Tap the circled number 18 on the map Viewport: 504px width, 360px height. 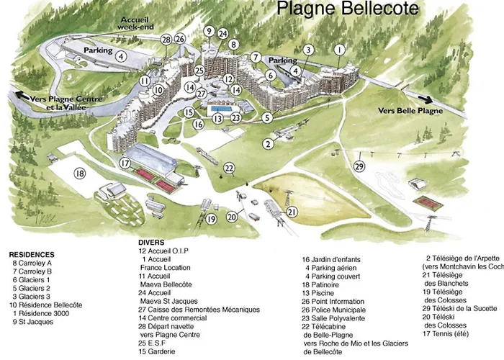(x=79, y=173)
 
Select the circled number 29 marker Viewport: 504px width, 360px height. (x=359, y=167)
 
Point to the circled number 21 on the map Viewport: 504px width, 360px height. (x=292, y=212)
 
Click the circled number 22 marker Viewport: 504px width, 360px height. (x=229, y=168)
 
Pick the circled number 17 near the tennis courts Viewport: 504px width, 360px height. (x=125, y=163)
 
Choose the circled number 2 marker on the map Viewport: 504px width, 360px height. (x=268, y=144)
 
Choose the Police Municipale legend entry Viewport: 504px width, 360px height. (x=336, y=309)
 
